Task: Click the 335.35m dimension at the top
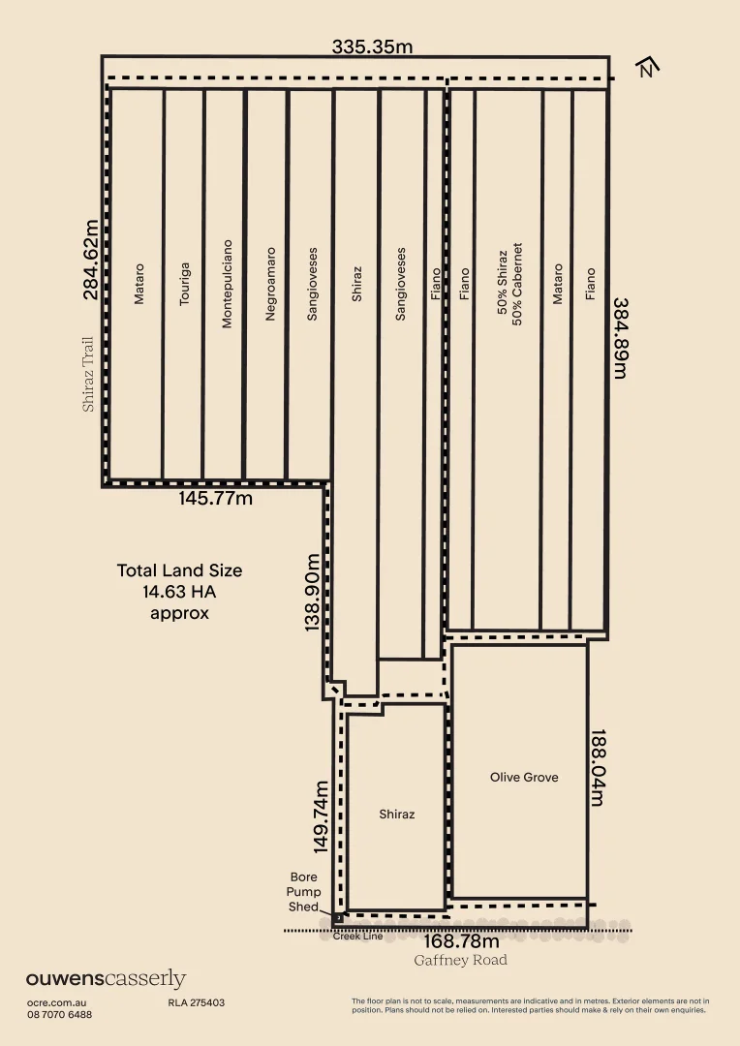point(372,46)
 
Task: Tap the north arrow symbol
point(647,67)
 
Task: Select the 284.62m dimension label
point(91,260)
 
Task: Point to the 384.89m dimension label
point(620,338)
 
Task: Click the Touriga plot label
point(185,284)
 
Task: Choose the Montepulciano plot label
point(227,284)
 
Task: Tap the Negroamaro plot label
point(270,284)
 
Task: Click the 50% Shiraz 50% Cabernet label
point(509,284)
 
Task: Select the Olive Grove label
point(524,777)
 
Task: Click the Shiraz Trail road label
point(88,374)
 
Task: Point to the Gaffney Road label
point(460,960)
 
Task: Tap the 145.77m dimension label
point(216,499)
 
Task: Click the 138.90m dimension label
point(312,593)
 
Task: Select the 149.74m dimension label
point(321,817)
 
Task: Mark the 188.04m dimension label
point(598,767)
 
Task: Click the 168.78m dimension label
point(461,941)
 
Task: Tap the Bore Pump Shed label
point(303,892)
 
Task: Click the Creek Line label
point(358,936)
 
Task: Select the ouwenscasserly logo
point(107,979)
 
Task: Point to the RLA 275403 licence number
point(197,1002)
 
